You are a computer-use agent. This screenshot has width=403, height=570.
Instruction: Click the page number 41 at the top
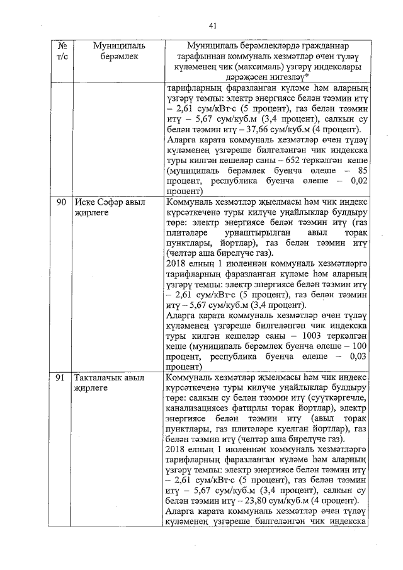point(213,26)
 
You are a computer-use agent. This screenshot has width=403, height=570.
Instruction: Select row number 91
point(62,378)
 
